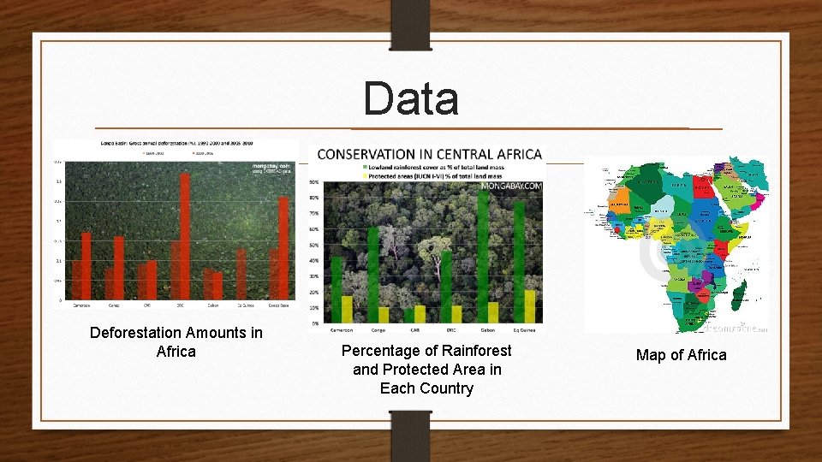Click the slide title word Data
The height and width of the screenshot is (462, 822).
(x=411, y=98)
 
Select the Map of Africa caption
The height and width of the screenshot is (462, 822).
(x=681, y=355)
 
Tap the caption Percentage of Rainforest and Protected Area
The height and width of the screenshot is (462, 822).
(x=426, y=370)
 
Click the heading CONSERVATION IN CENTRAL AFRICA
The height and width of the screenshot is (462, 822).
(x=430, y=155)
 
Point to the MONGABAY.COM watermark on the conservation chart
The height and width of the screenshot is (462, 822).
(x=511, y=185)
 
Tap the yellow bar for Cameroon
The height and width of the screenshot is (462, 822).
(x=347, y=309)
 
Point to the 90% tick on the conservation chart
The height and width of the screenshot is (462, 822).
(x=314, y=182)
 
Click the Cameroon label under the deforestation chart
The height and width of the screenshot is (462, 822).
(x=81, y=305)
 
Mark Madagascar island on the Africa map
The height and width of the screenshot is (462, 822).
(x=738, y=295)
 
